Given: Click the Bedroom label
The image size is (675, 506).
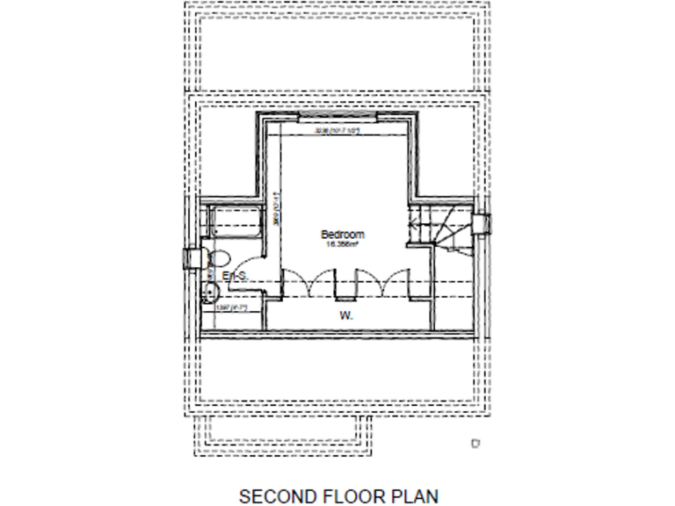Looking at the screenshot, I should [x=342, y=235].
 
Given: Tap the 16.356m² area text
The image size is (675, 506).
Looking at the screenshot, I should [x=342, y=245].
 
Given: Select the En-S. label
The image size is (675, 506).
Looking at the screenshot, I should [x=235, y=277].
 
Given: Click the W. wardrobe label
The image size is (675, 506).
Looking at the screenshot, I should [x=345, y=314].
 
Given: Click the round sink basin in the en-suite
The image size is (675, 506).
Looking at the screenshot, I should [x=211, y=293].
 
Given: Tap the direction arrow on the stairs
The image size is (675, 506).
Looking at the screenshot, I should [x=411, y=226].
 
